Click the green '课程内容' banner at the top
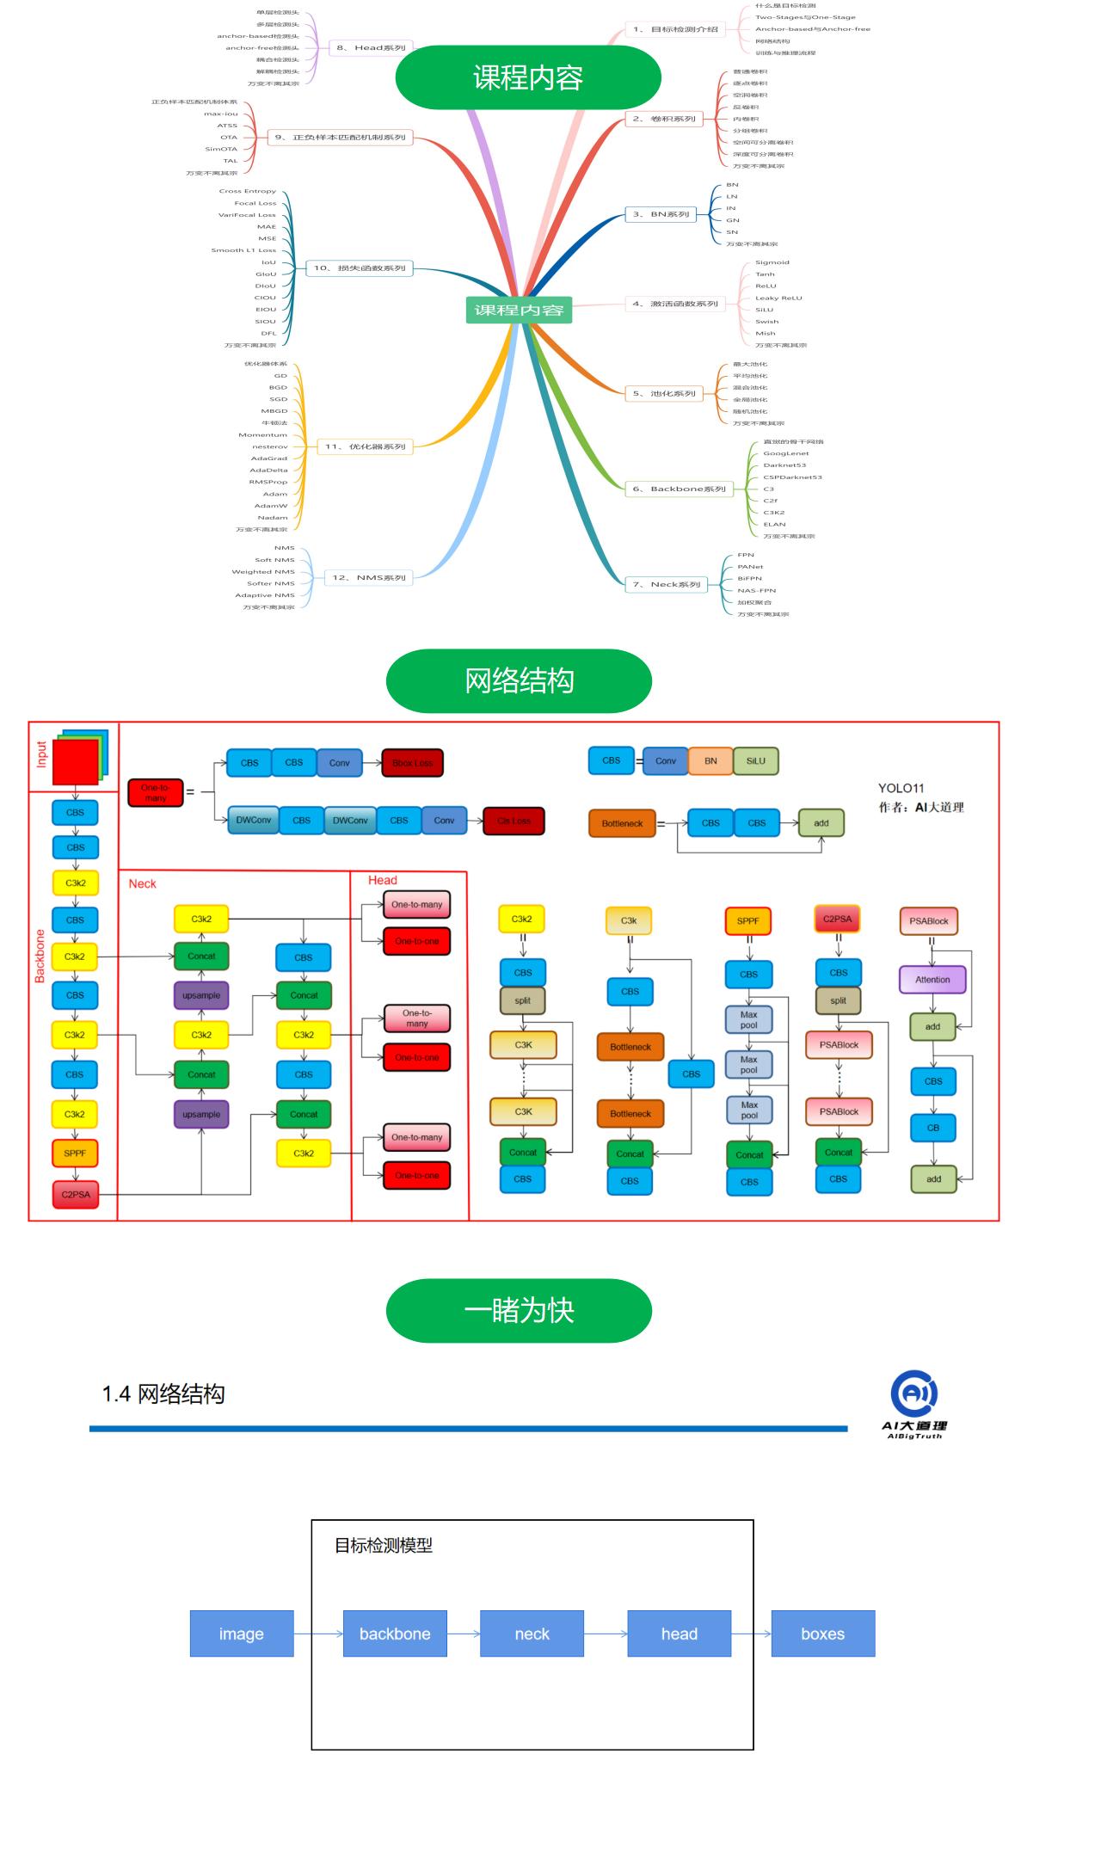click(527, 77)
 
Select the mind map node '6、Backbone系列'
click(679, 489)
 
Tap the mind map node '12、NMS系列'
click(368, 577)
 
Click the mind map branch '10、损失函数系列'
click(359, 268)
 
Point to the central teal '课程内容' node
click(519, 310)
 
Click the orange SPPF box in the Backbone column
click(75, 1154)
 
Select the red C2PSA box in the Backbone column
click(76, 1194)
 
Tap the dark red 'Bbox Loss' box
click(412, 763)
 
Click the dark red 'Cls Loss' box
click(514, 821)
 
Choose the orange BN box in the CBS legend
click(710, 761)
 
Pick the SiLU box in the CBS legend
click(755, 761)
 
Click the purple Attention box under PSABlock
click(932, 980)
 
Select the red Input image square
click(76, 762)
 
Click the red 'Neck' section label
click(143, 884)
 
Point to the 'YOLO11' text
click(901, 788)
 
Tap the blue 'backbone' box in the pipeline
click(395, 1633)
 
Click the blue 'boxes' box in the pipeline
click(822, 1633)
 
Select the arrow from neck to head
click(606, 1633)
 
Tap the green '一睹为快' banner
click(519, 1310)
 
